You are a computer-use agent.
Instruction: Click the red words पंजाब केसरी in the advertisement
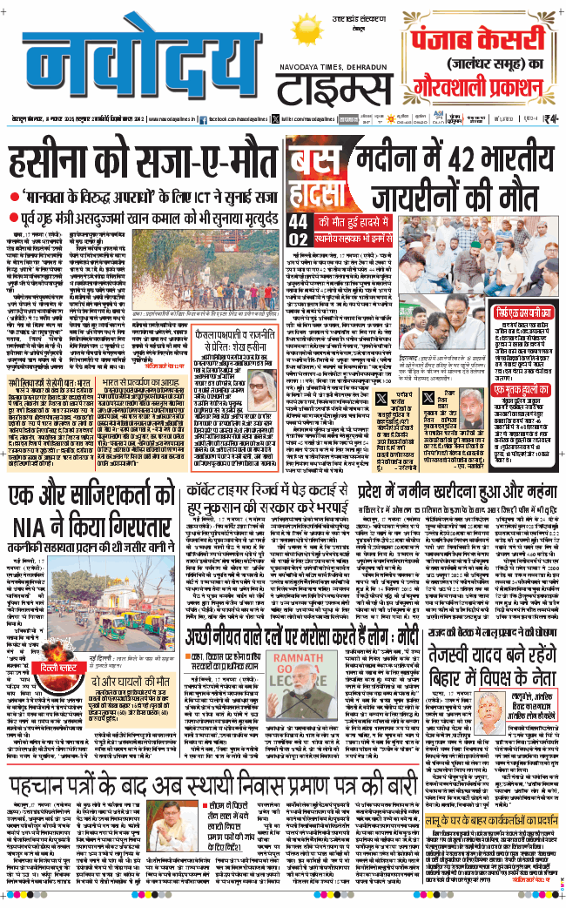click(x=478, y=41)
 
